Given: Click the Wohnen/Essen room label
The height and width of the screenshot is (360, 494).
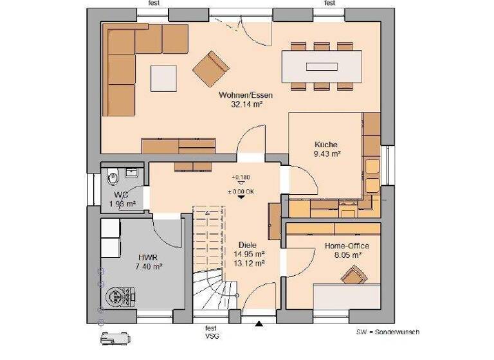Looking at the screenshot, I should click(242, 95).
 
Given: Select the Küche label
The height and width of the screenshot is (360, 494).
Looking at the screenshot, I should click(326, 145).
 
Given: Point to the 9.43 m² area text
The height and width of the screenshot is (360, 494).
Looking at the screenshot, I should click(326, 154).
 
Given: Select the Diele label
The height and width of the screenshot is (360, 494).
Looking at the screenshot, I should click(248, 245).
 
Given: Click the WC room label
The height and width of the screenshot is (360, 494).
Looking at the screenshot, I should click(122, 195).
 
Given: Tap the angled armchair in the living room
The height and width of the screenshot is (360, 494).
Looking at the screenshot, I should click(211, 66).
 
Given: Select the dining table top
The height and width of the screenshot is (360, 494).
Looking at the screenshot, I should click(320, 66).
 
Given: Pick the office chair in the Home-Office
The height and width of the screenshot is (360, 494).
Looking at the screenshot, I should click(352, 276).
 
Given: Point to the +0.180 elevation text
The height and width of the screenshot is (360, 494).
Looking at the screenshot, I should click(241, 177).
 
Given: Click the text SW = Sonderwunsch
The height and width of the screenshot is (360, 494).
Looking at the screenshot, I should click(387, 332).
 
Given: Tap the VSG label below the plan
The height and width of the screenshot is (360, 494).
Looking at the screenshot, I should click(211, 336).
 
